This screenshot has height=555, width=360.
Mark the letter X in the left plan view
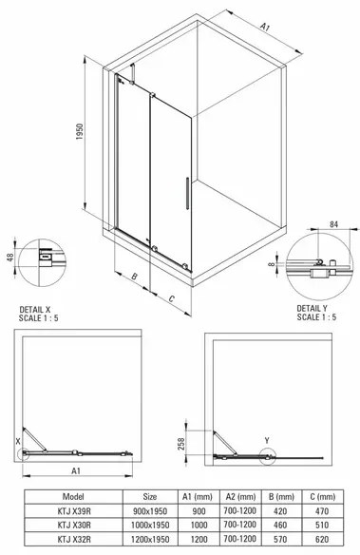[x=16, y=441]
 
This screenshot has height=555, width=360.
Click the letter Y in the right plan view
[x=267, y=440]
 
